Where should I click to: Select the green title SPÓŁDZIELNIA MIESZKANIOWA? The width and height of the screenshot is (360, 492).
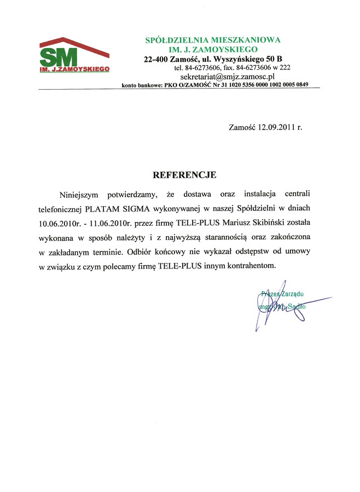pyautogui.click(x=213, y=39)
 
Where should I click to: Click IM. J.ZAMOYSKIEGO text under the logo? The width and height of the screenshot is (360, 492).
pyautogui.click(x=74, y=69)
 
